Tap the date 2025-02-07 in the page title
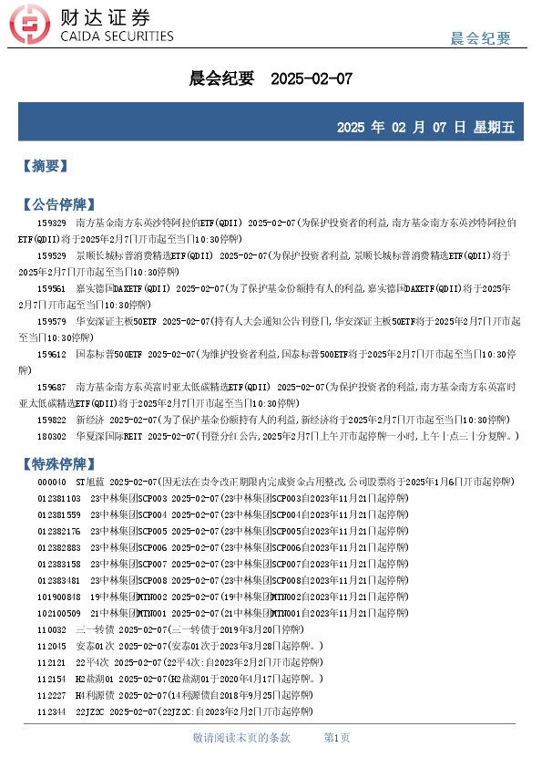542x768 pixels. click(x=312, y=79)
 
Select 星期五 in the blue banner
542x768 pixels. click(x=494, y=128)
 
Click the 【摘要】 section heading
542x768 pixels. click(x=44, y=166)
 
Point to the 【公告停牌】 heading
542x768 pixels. click(x=56, y=203)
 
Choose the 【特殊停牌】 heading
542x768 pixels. click(x=56, y=462)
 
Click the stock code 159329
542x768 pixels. click(x=52, y=223)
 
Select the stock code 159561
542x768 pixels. click(x=52, y=288)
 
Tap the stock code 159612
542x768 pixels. click(x=52, y=354)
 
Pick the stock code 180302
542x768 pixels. click(x=52, y=436)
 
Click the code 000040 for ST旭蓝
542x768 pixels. click(x=52, y=482)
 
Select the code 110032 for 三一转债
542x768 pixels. click(x=52, y=629)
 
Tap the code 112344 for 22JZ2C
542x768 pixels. click(x=52, y=711)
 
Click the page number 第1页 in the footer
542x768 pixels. click(x=337, y=737)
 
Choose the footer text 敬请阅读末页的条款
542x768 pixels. click(x=241, y=737)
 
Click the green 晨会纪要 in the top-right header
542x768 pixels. click(x=481, y=37)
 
